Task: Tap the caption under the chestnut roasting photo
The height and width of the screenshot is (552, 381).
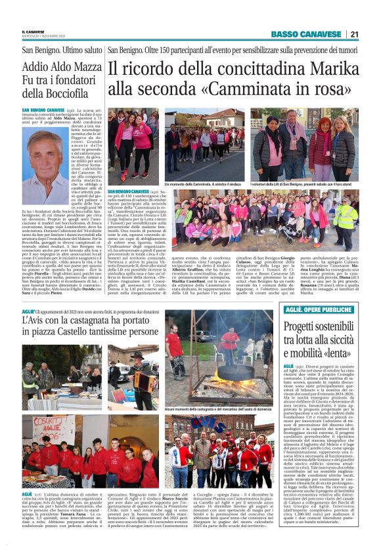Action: [219, 408]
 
